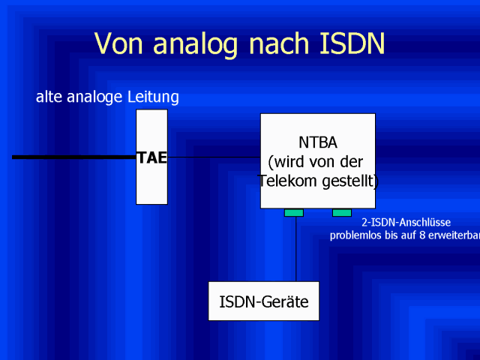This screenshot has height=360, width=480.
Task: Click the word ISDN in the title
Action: (x=352, y=43)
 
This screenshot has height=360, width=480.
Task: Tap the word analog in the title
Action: (x=195, y=45)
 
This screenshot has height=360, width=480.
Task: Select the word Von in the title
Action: (x=118, y=43)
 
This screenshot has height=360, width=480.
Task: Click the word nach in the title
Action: (x=278, y=43)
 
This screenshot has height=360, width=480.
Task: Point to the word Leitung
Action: (x=153, y=97)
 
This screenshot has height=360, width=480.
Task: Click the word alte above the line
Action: (x=49, y=97)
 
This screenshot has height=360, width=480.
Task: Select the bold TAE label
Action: (x=152, y=158)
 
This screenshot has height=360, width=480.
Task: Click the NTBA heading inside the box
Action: (x=318, y=142)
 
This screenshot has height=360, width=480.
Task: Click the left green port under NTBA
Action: (x=294, y=213)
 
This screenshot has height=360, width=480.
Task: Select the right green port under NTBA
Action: (x=342, y=213)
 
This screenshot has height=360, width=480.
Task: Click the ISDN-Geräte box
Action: (x=263, y=301)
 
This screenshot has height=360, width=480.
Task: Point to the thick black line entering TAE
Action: (x=74, y=157)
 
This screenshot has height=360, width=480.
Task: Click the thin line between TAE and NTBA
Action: (x=214, y=157)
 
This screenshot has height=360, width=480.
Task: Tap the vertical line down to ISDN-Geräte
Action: (x=295, y=249)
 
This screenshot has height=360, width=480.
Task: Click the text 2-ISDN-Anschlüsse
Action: (x=406, y=222)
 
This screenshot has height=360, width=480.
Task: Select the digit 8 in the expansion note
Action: (x=422, y=235)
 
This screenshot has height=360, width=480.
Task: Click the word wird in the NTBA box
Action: (x=287, y=162)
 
